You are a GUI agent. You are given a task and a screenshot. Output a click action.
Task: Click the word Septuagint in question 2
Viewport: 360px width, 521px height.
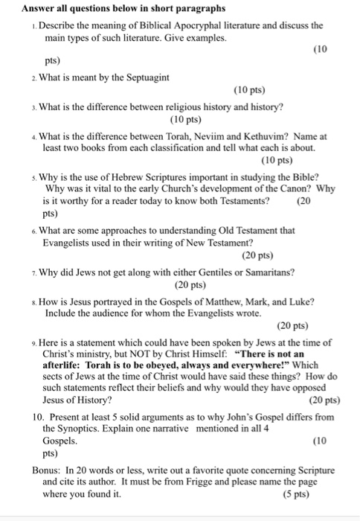tap(146, 77)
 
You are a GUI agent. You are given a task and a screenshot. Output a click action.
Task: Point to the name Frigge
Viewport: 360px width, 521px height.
tap(210, 482)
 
